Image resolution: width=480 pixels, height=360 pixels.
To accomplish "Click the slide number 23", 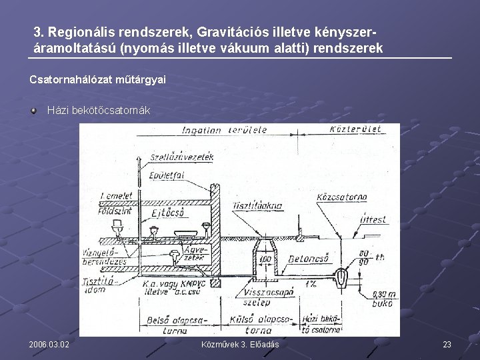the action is pos(447,344).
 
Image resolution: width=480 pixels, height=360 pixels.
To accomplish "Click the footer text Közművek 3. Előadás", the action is pos(240,344).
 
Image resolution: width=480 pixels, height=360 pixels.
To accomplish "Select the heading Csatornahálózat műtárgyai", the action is pos(97,79).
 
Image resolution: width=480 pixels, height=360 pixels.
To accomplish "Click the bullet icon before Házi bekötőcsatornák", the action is pos(33,109).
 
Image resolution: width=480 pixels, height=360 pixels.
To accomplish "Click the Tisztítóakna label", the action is pos(258,205).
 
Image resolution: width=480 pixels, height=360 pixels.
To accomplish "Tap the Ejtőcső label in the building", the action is pos(168,213).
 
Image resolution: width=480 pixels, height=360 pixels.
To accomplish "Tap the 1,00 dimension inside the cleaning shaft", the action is pos(265,258).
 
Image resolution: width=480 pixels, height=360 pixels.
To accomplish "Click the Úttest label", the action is pos(373,219).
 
